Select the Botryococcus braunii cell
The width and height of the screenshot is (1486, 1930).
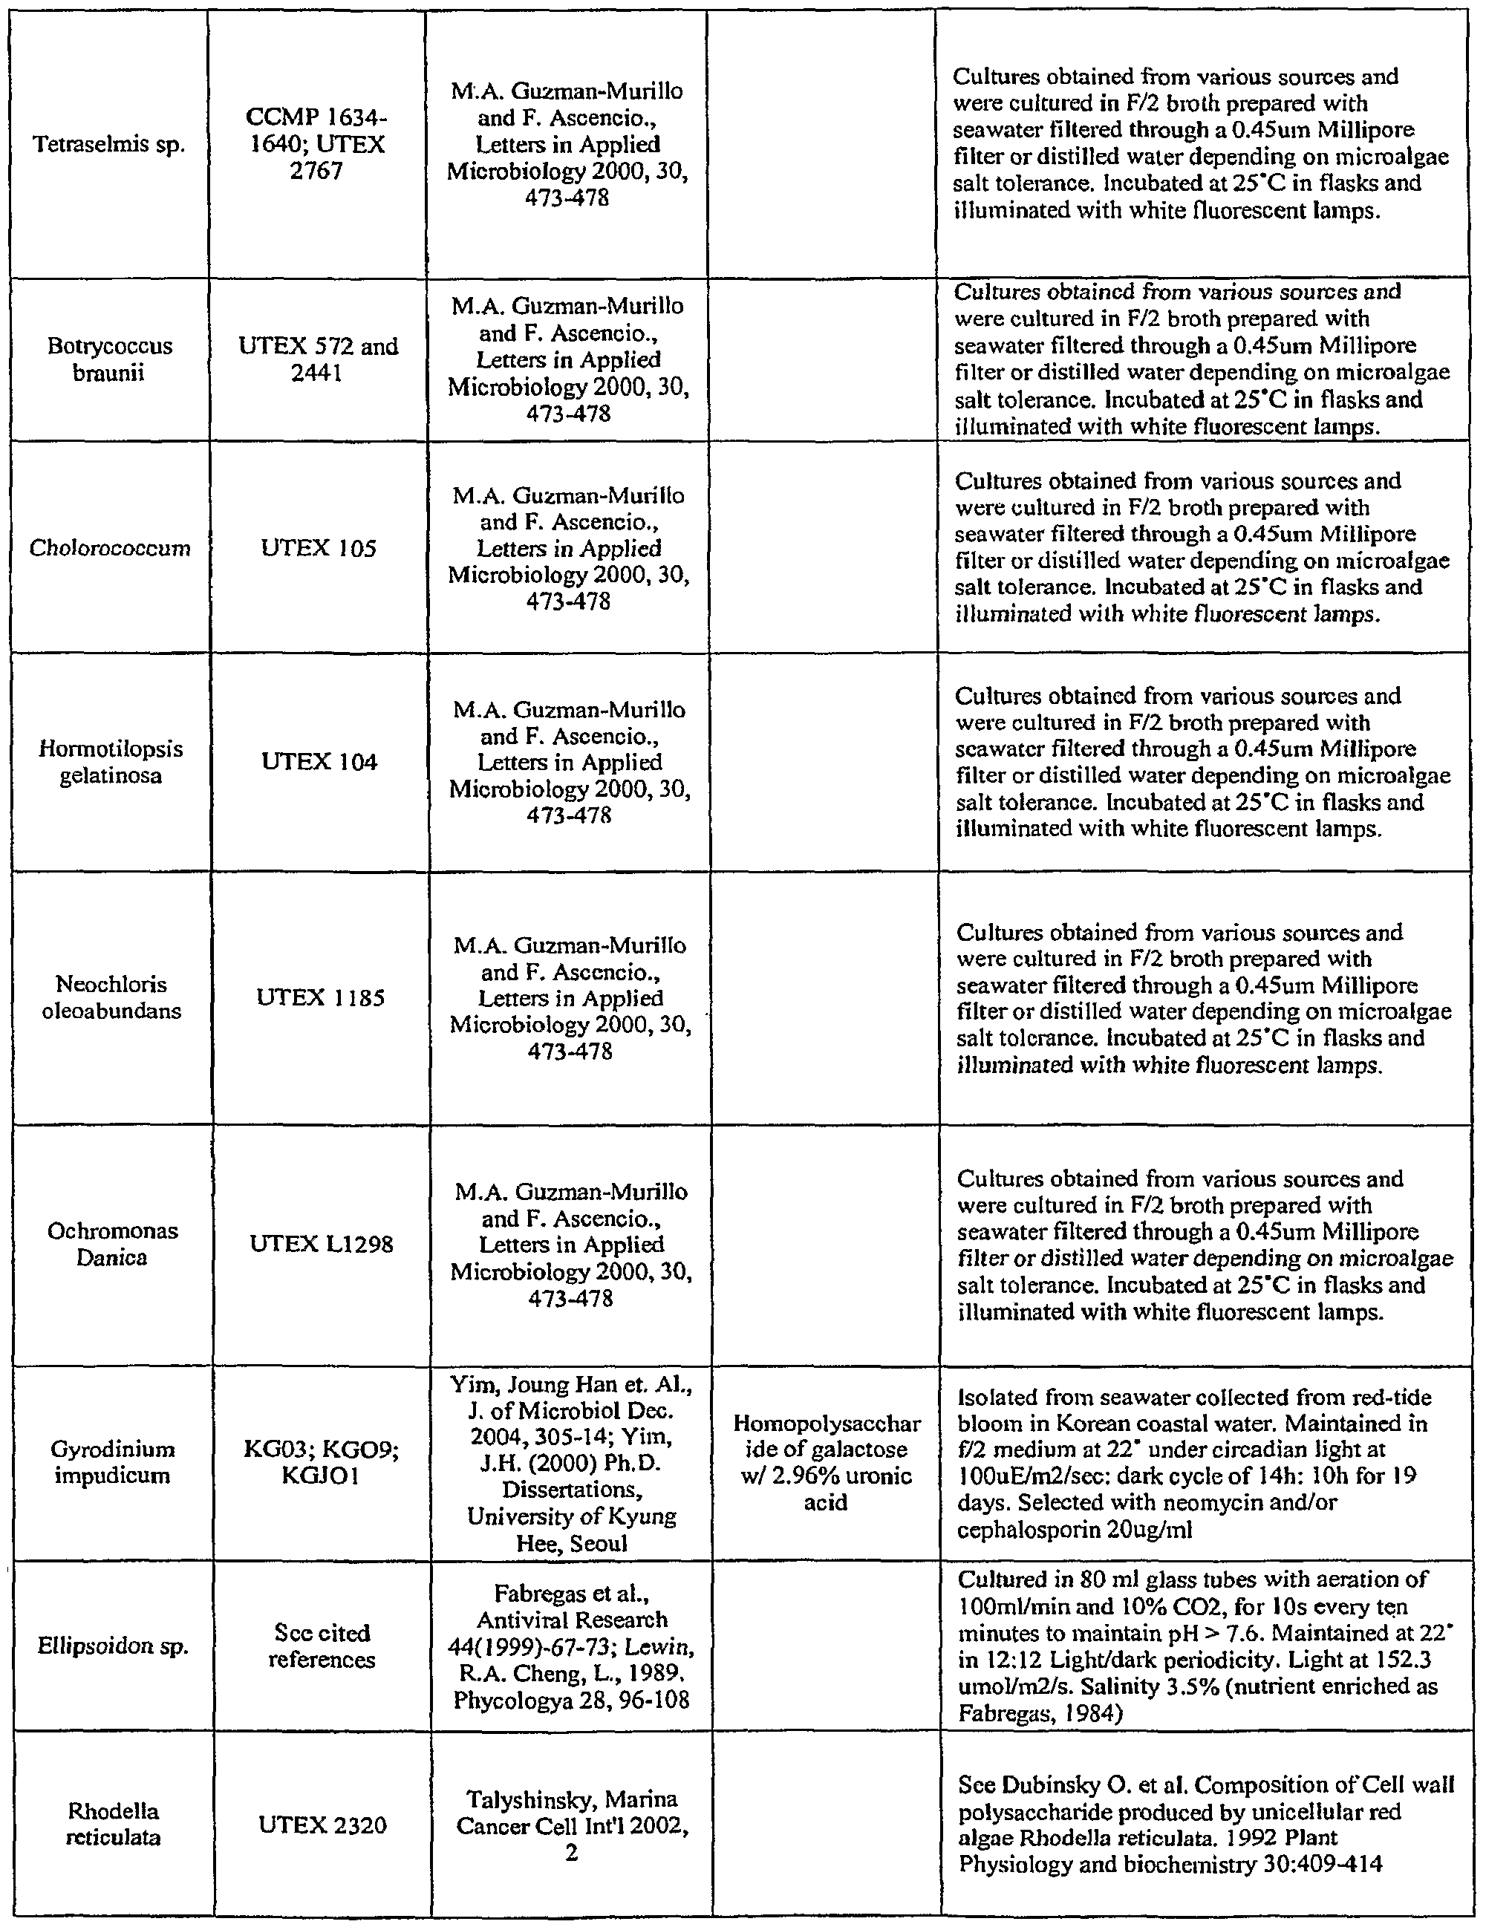(110, 359)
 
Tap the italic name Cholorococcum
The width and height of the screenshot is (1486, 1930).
(110, 548)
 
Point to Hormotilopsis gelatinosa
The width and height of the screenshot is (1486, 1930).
(111, 762)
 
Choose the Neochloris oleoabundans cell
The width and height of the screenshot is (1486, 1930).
(111, 998)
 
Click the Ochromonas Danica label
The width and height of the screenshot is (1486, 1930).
(112, 1245)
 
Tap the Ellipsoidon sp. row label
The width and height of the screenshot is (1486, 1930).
(113, 1646)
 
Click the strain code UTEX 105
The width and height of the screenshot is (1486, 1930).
(319, 549)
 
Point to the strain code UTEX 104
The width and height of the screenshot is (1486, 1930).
(319, 762)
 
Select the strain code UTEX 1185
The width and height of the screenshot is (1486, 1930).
(320, 998)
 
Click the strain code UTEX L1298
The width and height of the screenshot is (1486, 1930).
(321, 1245)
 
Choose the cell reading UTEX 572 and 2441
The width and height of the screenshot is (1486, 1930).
(319, 359)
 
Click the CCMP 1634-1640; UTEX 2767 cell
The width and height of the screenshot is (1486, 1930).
(316, 144)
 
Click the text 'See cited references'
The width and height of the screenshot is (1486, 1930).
(322, 1646)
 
